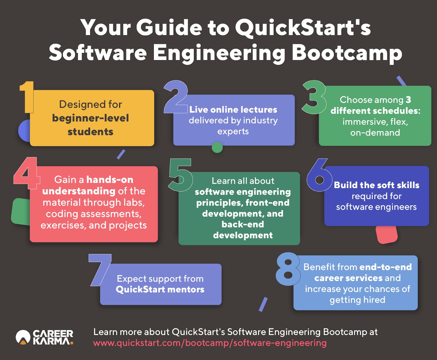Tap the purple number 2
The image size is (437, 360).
pyautogui.click(x=176, y=97)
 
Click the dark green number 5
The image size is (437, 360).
pyautogui.click(x=181, y=175)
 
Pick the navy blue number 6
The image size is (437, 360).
pyautogui.click(x=319, y=175)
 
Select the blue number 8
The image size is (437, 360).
pyautogui.click(x=288, y=269)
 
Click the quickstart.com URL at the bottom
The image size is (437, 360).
pyautogui.click(x=210, y=343)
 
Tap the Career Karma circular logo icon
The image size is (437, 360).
pyautogui.click(x=23, y=337)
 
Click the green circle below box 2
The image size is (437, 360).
pyautogui.click(x=217, y=147)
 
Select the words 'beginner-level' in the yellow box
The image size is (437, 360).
pyautogui.click(x=90, y=118)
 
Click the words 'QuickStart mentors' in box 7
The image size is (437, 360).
pyautogui.click(x=160, y=290)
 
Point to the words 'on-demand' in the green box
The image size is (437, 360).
pyautogui.click(x=375, y=132)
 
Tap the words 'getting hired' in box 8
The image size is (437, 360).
pyautogui.click(x=357, y=300)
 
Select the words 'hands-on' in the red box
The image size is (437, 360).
pyautogui.click(x=110, y=179)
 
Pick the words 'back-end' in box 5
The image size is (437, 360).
pyautogui.click(x=243, y=224)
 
